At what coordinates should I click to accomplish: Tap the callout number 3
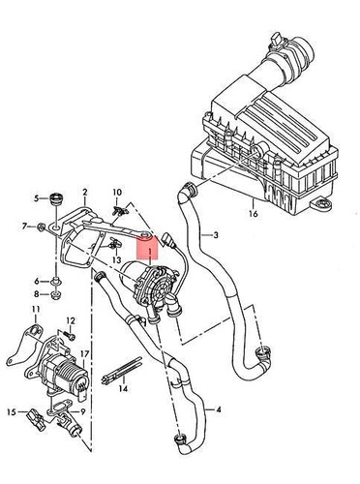[217, 234]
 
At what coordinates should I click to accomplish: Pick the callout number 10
[117, 192]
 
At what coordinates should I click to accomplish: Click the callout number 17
[85, 354]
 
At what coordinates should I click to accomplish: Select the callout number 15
[12, 410]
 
